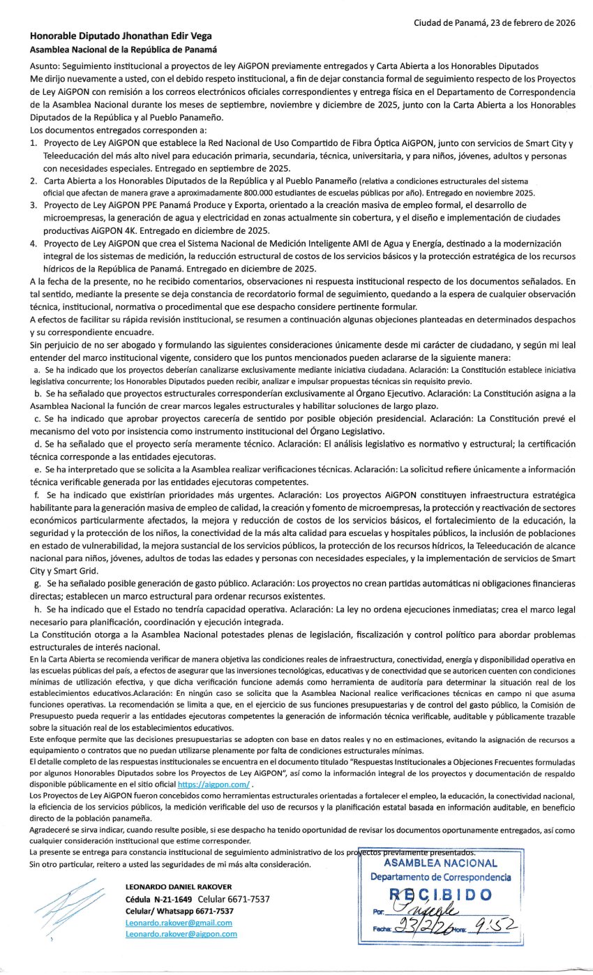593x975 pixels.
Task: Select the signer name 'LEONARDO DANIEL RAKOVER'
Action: coord(179,886)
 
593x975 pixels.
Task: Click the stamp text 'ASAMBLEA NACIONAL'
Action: coord(440,863)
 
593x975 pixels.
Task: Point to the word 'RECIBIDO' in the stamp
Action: coord(440,895)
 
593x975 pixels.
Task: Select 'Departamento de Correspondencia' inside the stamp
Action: coord(440,877)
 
